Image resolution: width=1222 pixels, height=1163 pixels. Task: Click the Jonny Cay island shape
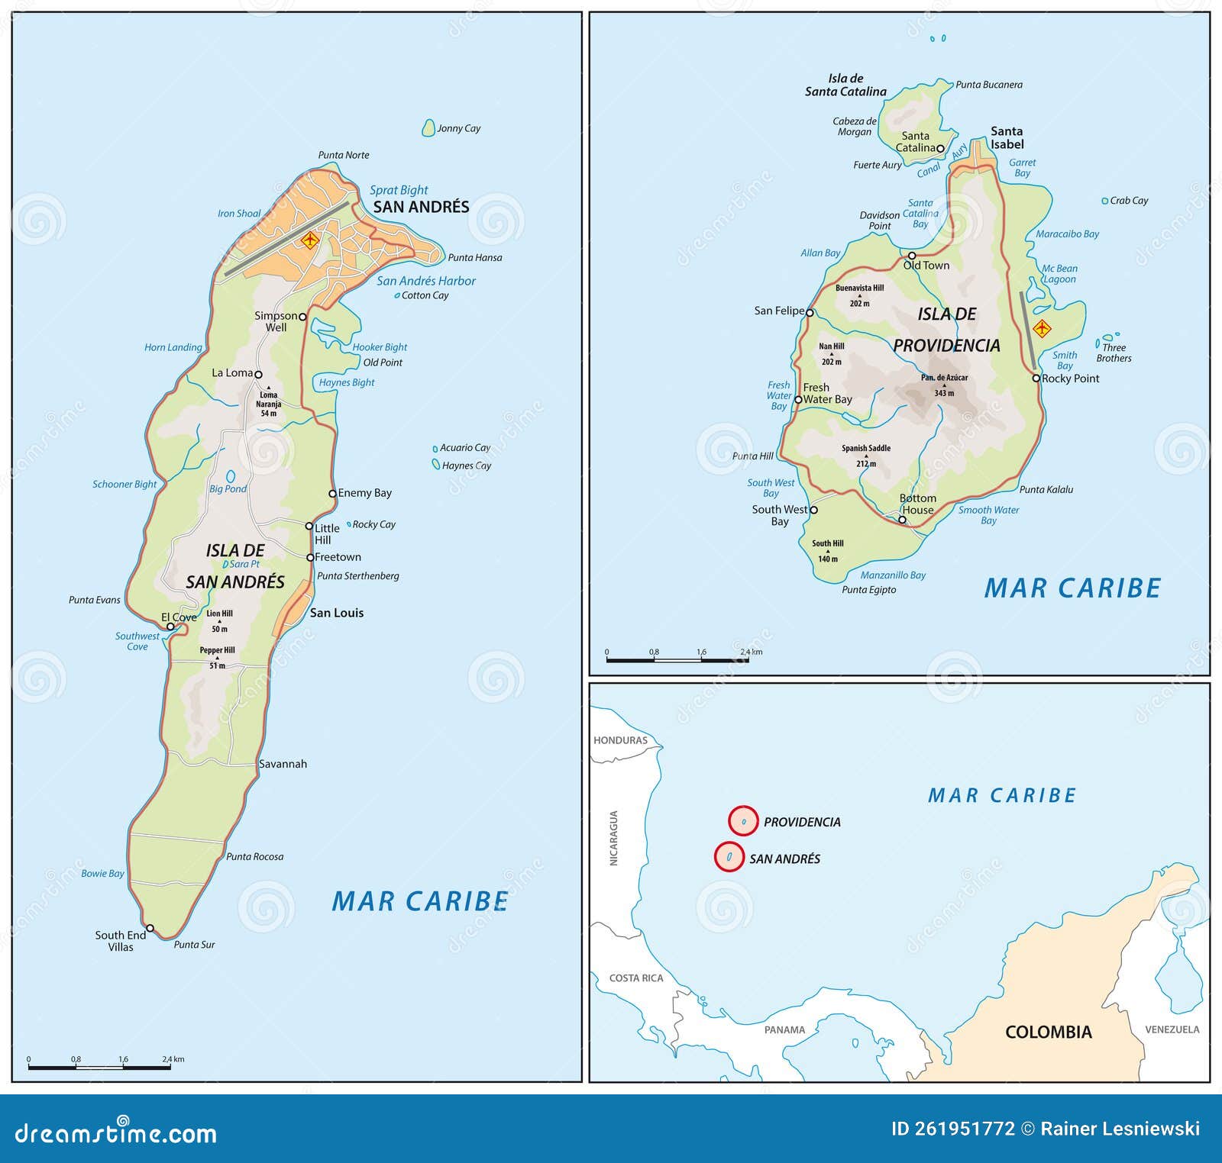click(x=428, y=127)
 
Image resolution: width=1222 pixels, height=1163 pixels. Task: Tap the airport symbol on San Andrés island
click(x=309, y=240)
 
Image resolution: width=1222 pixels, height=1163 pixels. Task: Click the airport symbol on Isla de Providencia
click(x=1042, y=329)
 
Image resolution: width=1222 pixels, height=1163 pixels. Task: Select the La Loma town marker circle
click(x=258, y=375)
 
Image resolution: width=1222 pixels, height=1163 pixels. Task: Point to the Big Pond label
click(x=228, y=488)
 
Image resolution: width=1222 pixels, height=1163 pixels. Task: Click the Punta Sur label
click(x=194, y=945)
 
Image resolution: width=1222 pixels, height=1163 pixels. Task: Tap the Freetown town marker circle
click(x=310, y=558)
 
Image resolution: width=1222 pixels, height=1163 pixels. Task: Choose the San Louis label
click(x=336, y=613)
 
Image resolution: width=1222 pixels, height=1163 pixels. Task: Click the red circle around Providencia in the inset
click(x=743, y=821)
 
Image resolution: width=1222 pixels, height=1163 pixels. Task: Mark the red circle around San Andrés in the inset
click(x=729, y=857)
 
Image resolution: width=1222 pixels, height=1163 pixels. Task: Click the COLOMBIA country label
click(x=1048, y=1032)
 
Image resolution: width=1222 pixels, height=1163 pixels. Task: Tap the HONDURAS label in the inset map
click(x=620, y=740)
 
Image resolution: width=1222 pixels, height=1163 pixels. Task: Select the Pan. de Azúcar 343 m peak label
click(x=944, y=385)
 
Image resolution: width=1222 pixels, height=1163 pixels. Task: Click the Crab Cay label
click(x=1128, y=201)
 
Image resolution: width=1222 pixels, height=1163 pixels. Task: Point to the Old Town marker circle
click(x=911, y=256)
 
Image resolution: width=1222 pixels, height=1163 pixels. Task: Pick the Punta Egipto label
click(x=868, y=589)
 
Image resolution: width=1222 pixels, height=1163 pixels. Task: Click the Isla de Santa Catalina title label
click(x=845, y=85)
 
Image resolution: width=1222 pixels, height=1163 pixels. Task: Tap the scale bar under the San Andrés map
click(x=99, y=1067)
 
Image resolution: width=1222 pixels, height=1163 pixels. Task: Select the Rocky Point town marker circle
click(x=1036, y=378)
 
